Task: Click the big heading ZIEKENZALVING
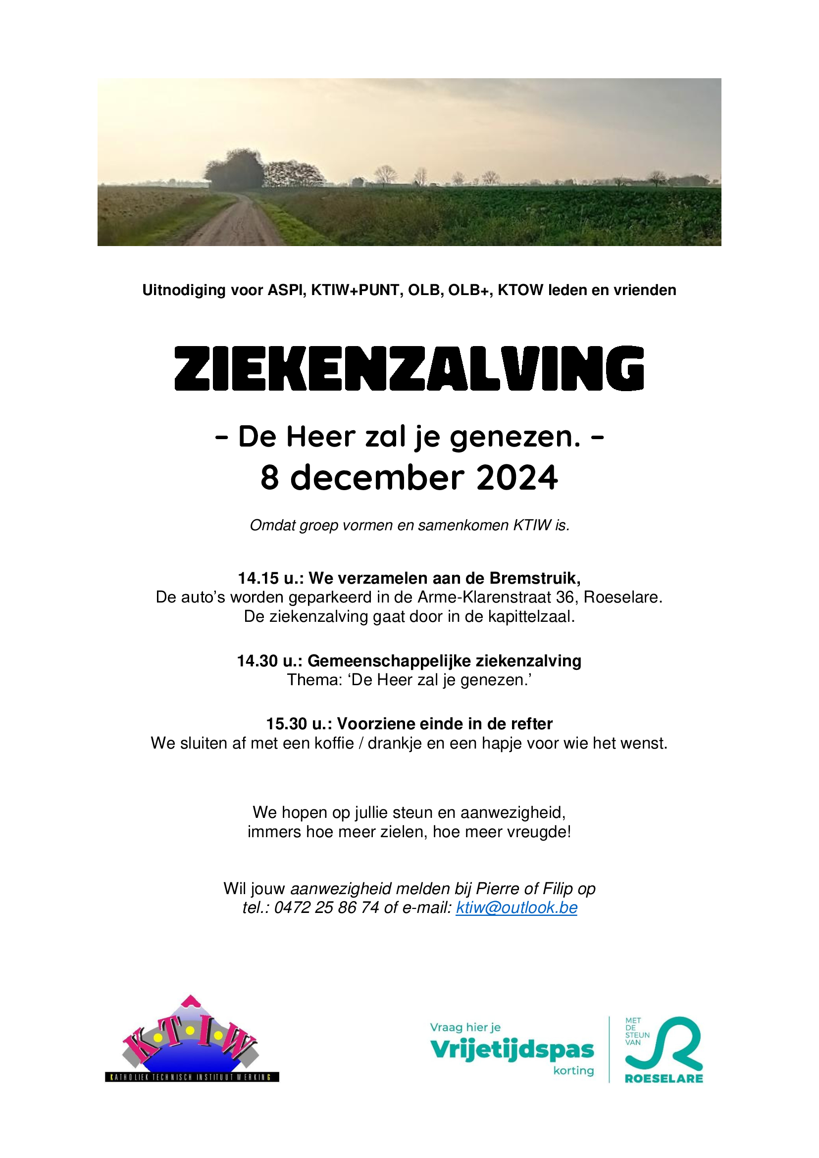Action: pos(409,368)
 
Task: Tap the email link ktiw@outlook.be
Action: pos(516,907)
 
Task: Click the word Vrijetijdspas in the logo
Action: pos(512,1051)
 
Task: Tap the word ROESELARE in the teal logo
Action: pos(664,1079)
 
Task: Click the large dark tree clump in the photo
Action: pos(234,170)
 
